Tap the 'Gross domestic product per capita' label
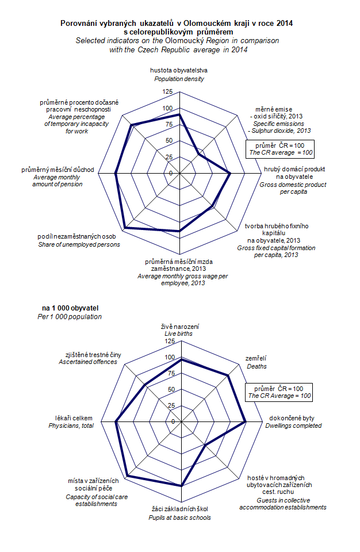point(293,185)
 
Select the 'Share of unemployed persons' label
point(79,244)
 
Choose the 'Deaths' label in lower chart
point(256,366)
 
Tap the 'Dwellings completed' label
point(293,426)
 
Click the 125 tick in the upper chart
point(167,92)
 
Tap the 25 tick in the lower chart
point(170,405)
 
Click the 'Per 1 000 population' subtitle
point(69,317)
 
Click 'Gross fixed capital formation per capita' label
point(267,251)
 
